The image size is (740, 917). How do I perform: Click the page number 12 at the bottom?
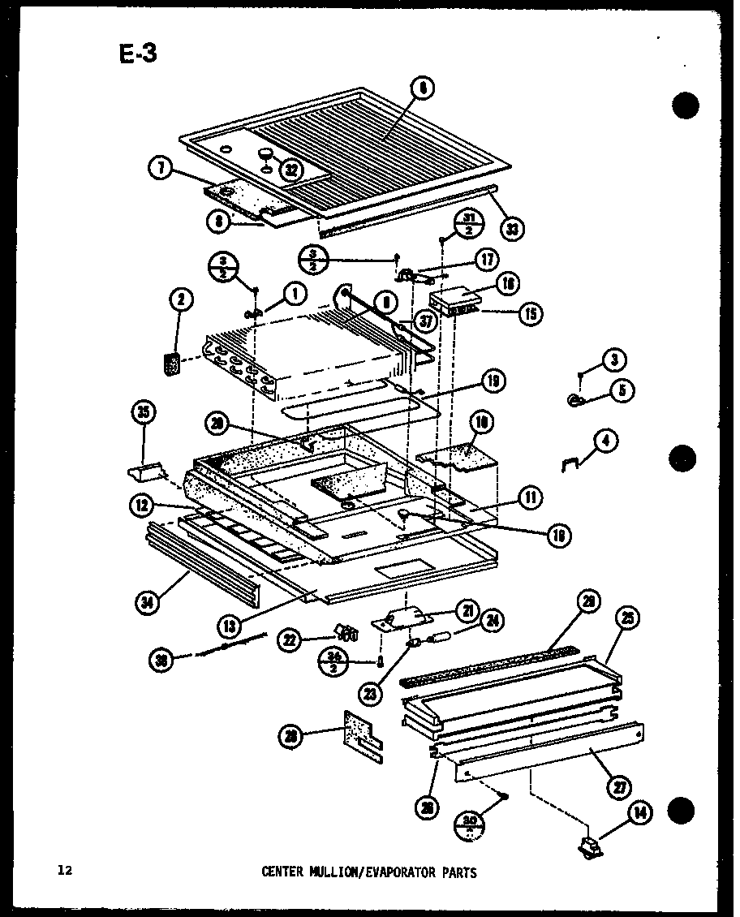[x=65, y=872]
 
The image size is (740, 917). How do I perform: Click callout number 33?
[x=512, y=230]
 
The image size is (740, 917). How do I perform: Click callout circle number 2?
[x=182, y=301]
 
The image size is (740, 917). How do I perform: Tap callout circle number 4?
[x=605, y=441]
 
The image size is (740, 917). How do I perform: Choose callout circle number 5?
[x=622, y=391]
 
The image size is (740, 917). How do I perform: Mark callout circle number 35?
[x=143, y=415]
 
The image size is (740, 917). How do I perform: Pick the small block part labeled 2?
[x=172, y=364]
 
